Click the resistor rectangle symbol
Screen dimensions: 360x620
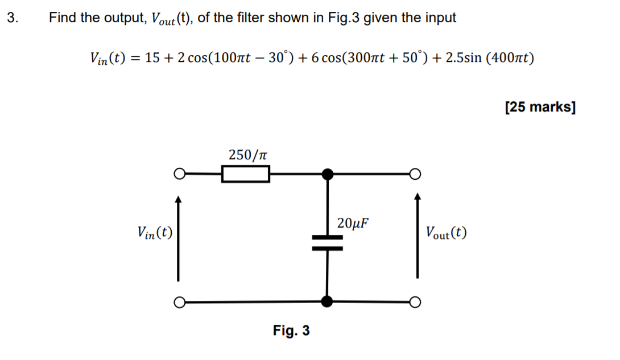coord(245,174)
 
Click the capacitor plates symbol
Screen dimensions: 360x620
coord(327,243)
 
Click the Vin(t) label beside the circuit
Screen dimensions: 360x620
coord(155,232)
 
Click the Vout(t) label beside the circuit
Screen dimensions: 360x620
coord(447,232)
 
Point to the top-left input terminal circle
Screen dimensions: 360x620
coord(179,174)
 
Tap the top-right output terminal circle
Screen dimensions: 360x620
coord(416,174)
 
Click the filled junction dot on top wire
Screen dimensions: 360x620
coord(327,174)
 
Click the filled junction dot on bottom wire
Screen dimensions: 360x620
coord(327,301)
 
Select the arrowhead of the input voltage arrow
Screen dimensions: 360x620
coord(179,198)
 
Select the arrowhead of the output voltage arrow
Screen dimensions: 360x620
coord(418,198)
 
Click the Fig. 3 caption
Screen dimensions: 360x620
coord(291,330)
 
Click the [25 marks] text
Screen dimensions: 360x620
coord(540,107)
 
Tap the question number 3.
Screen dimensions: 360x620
coord(13,18)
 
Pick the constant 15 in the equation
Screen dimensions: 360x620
coord(152,58)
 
